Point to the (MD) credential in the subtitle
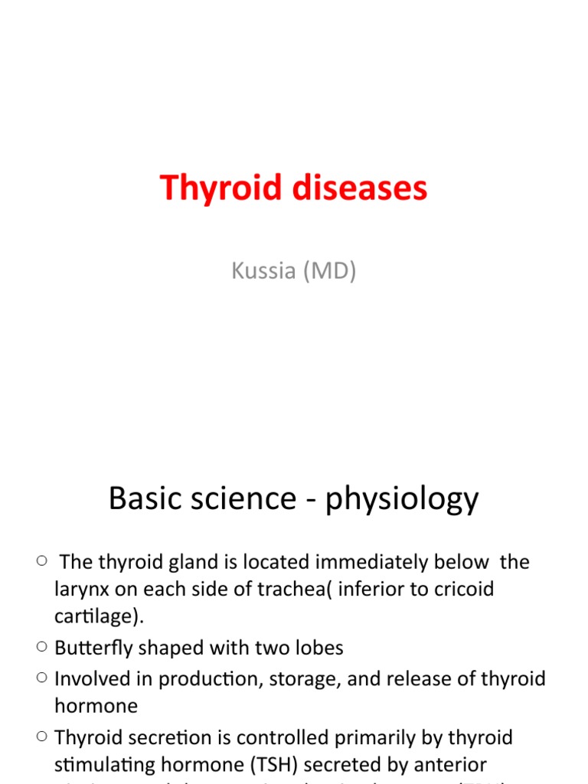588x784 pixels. pos(329,272)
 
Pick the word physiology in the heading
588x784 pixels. pos(402,500)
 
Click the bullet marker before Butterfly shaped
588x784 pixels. pos(41,647)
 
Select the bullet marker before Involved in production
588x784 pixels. pos(41,678)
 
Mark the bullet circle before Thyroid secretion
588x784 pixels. pos(41,737)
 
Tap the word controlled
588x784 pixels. pos(279,737)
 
